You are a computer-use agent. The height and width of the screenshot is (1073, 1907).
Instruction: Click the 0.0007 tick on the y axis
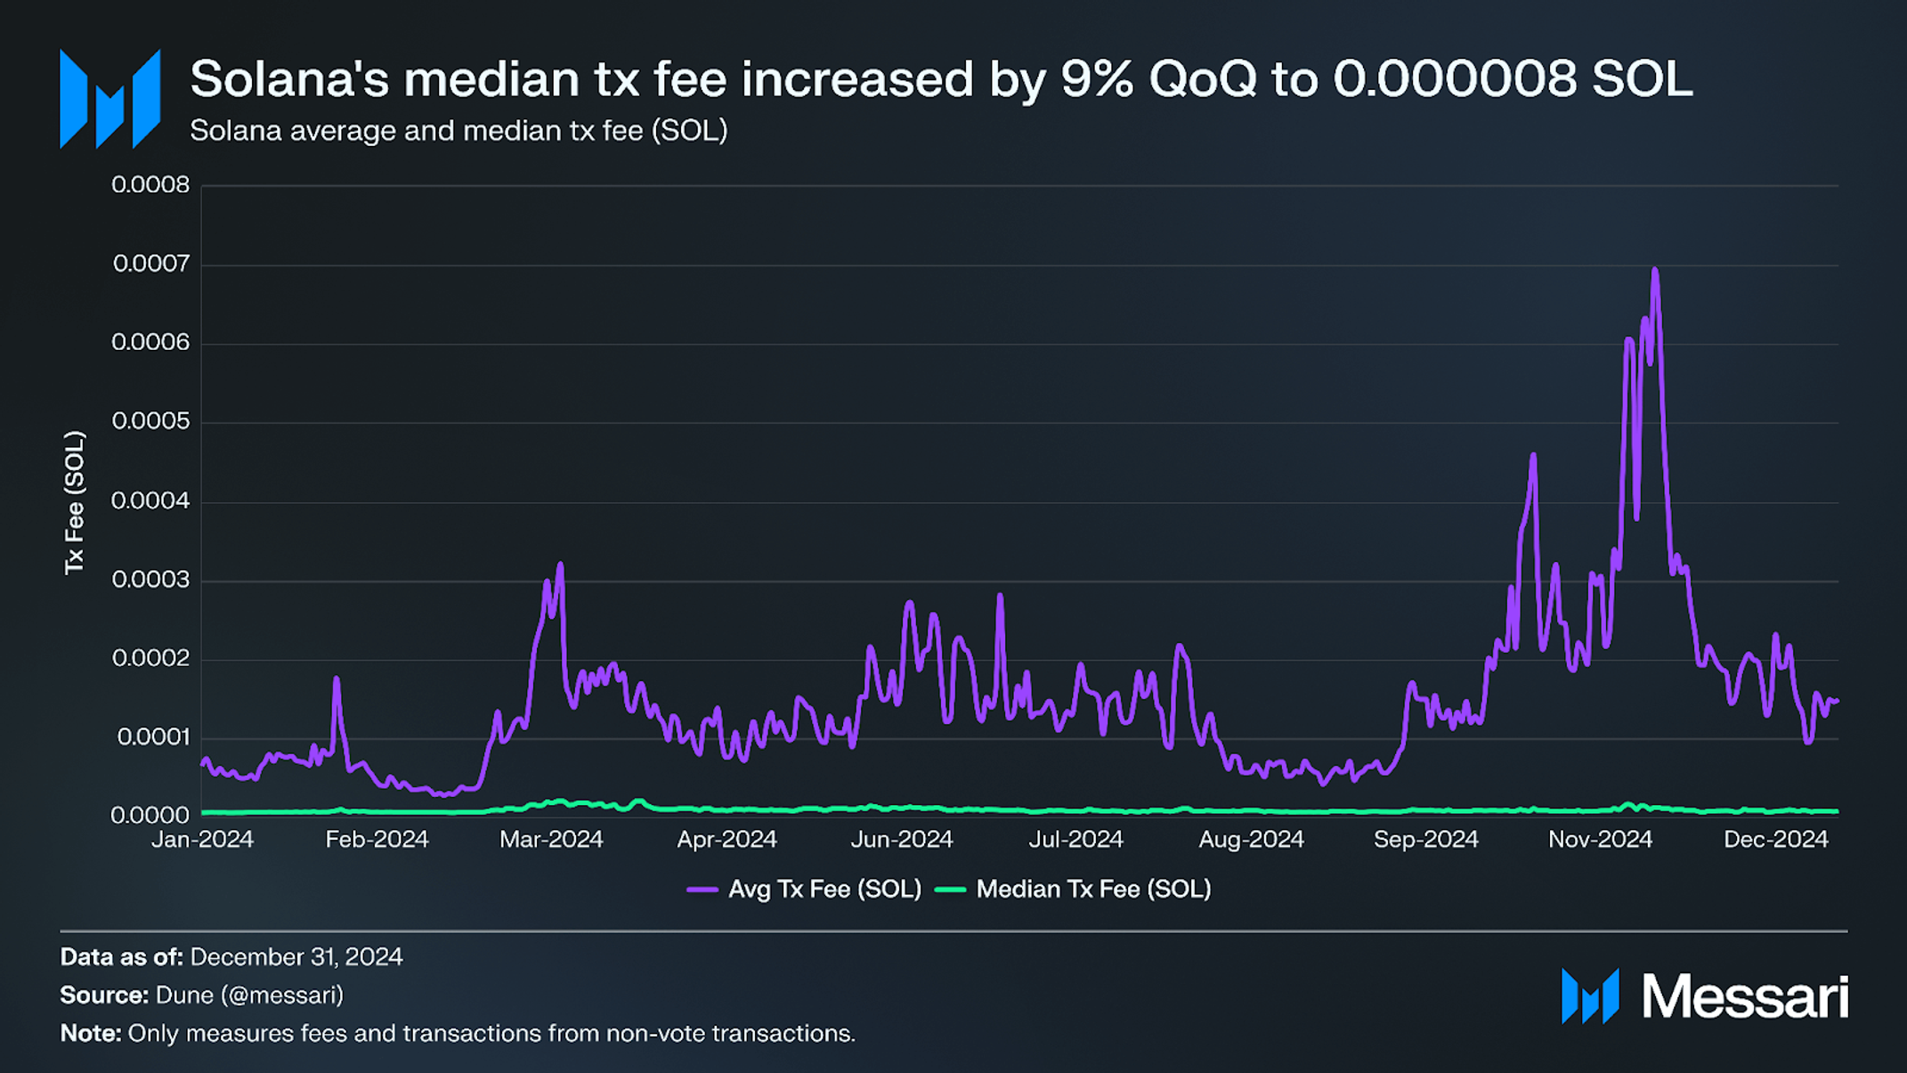pos(150,264)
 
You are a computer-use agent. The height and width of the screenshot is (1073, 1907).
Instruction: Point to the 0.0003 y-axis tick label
pos(150,580)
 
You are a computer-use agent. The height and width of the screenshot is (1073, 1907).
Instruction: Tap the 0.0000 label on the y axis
pos(150,815)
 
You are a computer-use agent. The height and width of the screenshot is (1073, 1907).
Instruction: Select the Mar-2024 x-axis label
pos(551,840)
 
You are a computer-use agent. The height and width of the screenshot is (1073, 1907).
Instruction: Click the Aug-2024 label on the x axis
pos(1251,840)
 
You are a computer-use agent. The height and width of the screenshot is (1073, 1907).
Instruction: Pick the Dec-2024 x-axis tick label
pos(1775,840)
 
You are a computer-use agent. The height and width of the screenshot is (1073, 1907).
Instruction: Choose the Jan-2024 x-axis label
pos(202,840)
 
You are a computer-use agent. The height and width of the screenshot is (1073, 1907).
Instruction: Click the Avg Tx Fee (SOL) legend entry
pos(805,890)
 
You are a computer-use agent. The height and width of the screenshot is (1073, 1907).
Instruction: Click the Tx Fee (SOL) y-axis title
pos(74,503)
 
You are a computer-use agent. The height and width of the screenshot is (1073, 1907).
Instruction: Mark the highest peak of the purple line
pos(1654,270)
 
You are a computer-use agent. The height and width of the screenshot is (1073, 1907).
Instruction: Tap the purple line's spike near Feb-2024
pos(337,679)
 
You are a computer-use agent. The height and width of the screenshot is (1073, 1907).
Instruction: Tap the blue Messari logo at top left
pos(110,99)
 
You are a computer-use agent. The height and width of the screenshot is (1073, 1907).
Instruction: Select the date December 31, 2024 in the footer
pos(296,957)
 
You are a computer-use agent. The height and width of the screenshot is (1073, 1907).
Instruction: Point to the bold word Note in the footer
pos(89,1034)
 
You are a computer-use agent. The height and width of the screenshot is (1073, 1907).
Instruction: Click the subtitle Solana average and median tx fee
pos(458,131)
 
